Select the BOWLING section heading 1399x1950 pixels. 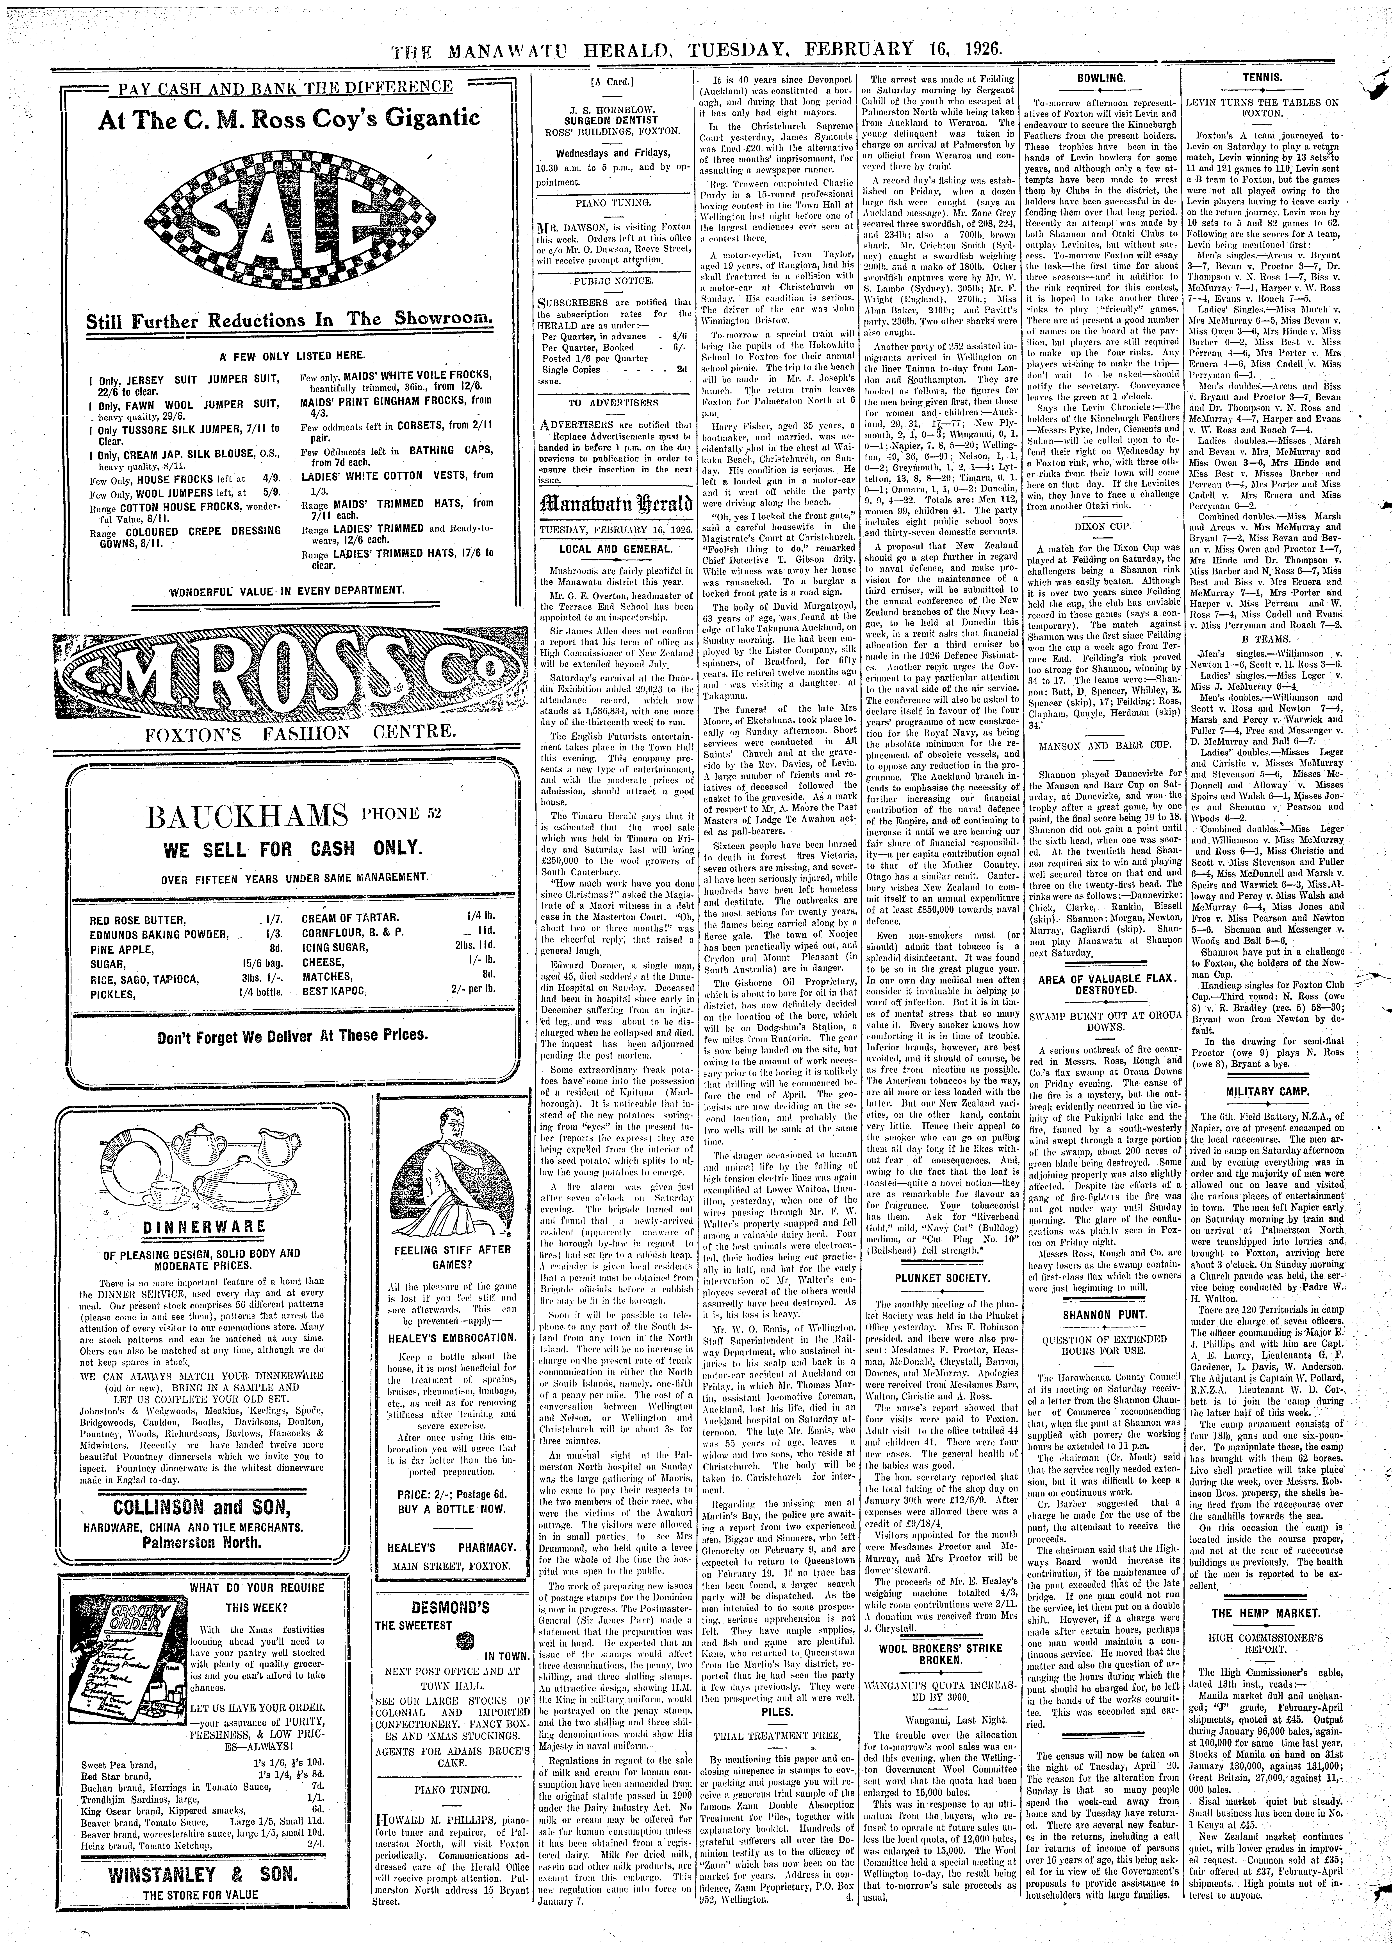click(x=1102, y=78)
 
